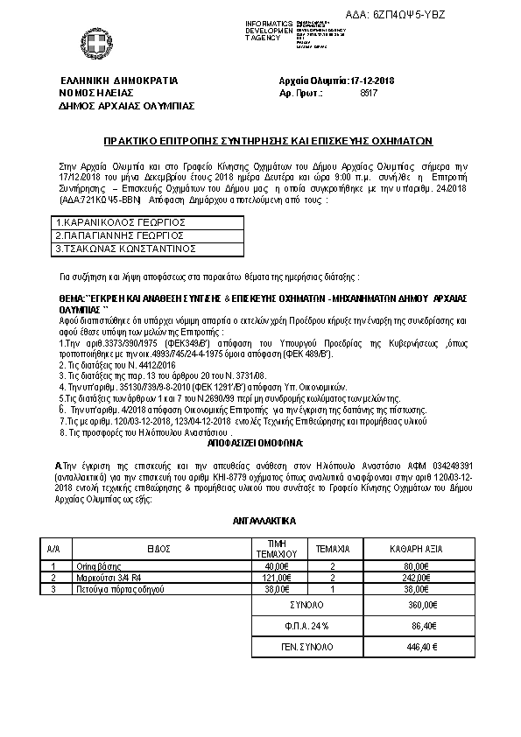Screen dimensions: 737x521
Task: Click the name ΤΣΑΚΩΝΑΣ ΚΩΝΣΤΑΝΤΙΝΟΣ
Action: tap(123, 248)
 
